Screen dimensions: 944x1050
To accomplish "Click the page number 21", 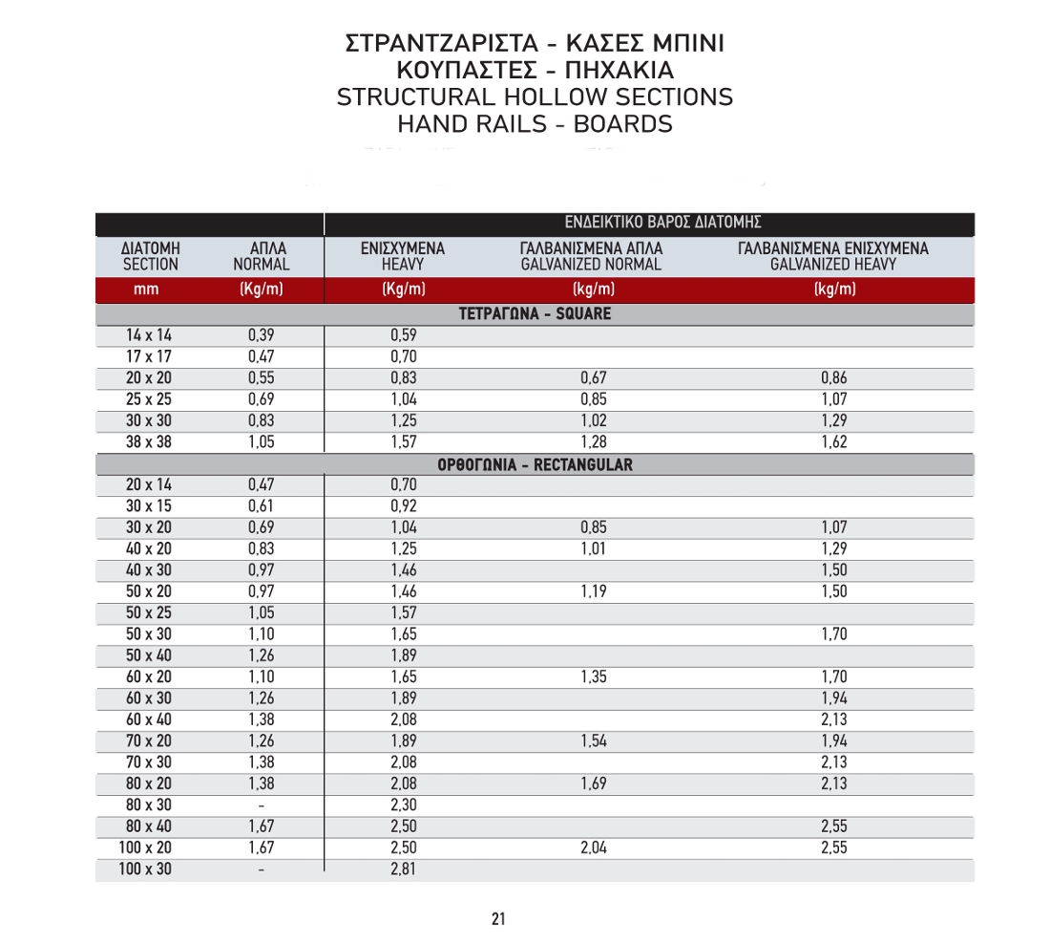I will tap(498, 919).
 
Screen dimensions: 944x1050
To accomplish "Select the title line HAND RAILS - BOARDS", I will tap(535, 124).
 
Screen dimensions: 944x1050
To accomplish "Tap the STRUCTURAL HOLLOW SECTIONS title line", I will tap(535, 97).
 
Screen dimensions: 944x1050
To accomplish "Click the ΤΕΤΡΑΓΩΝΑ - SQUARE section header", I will tap(535, 313).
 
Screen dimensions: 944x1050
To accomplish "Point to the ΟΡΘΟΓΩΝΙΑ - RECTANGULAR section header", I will tap(535, 465).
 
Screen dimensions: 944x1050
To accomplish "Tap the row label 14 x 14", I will tap(149, 335).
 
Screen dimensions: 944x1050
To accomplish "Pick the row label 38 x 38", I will tap(149, 442).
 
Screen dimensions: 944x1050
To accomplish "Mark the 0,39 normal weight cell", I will tap(262, 335).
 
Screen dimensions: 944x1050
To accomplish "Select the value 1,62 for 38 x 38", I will tap(834, 442).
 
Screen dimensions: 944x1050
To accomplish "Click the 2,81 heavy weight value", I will tap(404, 869).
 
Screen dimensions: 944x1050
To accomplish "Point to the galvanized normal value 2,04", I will tap(594, 847).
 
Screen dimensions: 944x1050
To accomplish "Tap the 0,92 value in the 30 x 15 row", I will tap(404, 506).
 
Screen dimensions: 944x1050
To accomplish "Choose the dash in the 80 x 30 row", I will tap(262, 805).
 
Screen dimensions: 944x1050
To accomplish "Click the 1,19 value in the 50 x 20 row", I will tap(594, 591).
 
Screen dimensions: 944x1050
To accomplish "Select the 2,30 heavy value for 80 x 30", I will tap(404, 805).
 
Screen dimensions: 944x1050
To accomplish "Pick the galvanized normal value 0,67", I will tap(594, 378).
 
